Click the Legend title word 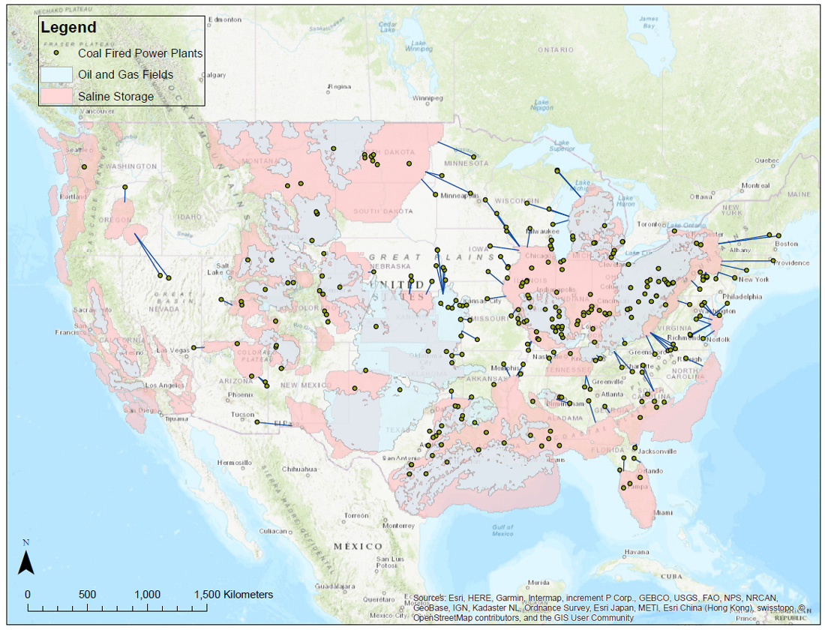coord(68,28)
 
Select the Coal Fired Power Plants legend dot coord(57,53)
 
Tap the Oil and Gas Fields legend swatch coord(56,74)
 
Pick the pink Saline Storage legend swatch coord(56,96)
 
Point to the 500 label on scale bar coord(88,594)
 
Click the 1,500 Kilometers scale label coord(233,594)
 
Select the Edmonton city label coord(226,19)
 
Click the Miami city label coord(662,513)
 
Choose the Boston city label coord(786,244)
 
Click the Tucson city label coord(242,414)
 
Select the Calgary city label coord(214,75)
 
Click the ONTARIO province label coord(555,49)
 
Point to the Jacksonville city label coord(658,451)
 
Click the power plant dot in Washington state coord(85,166)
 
